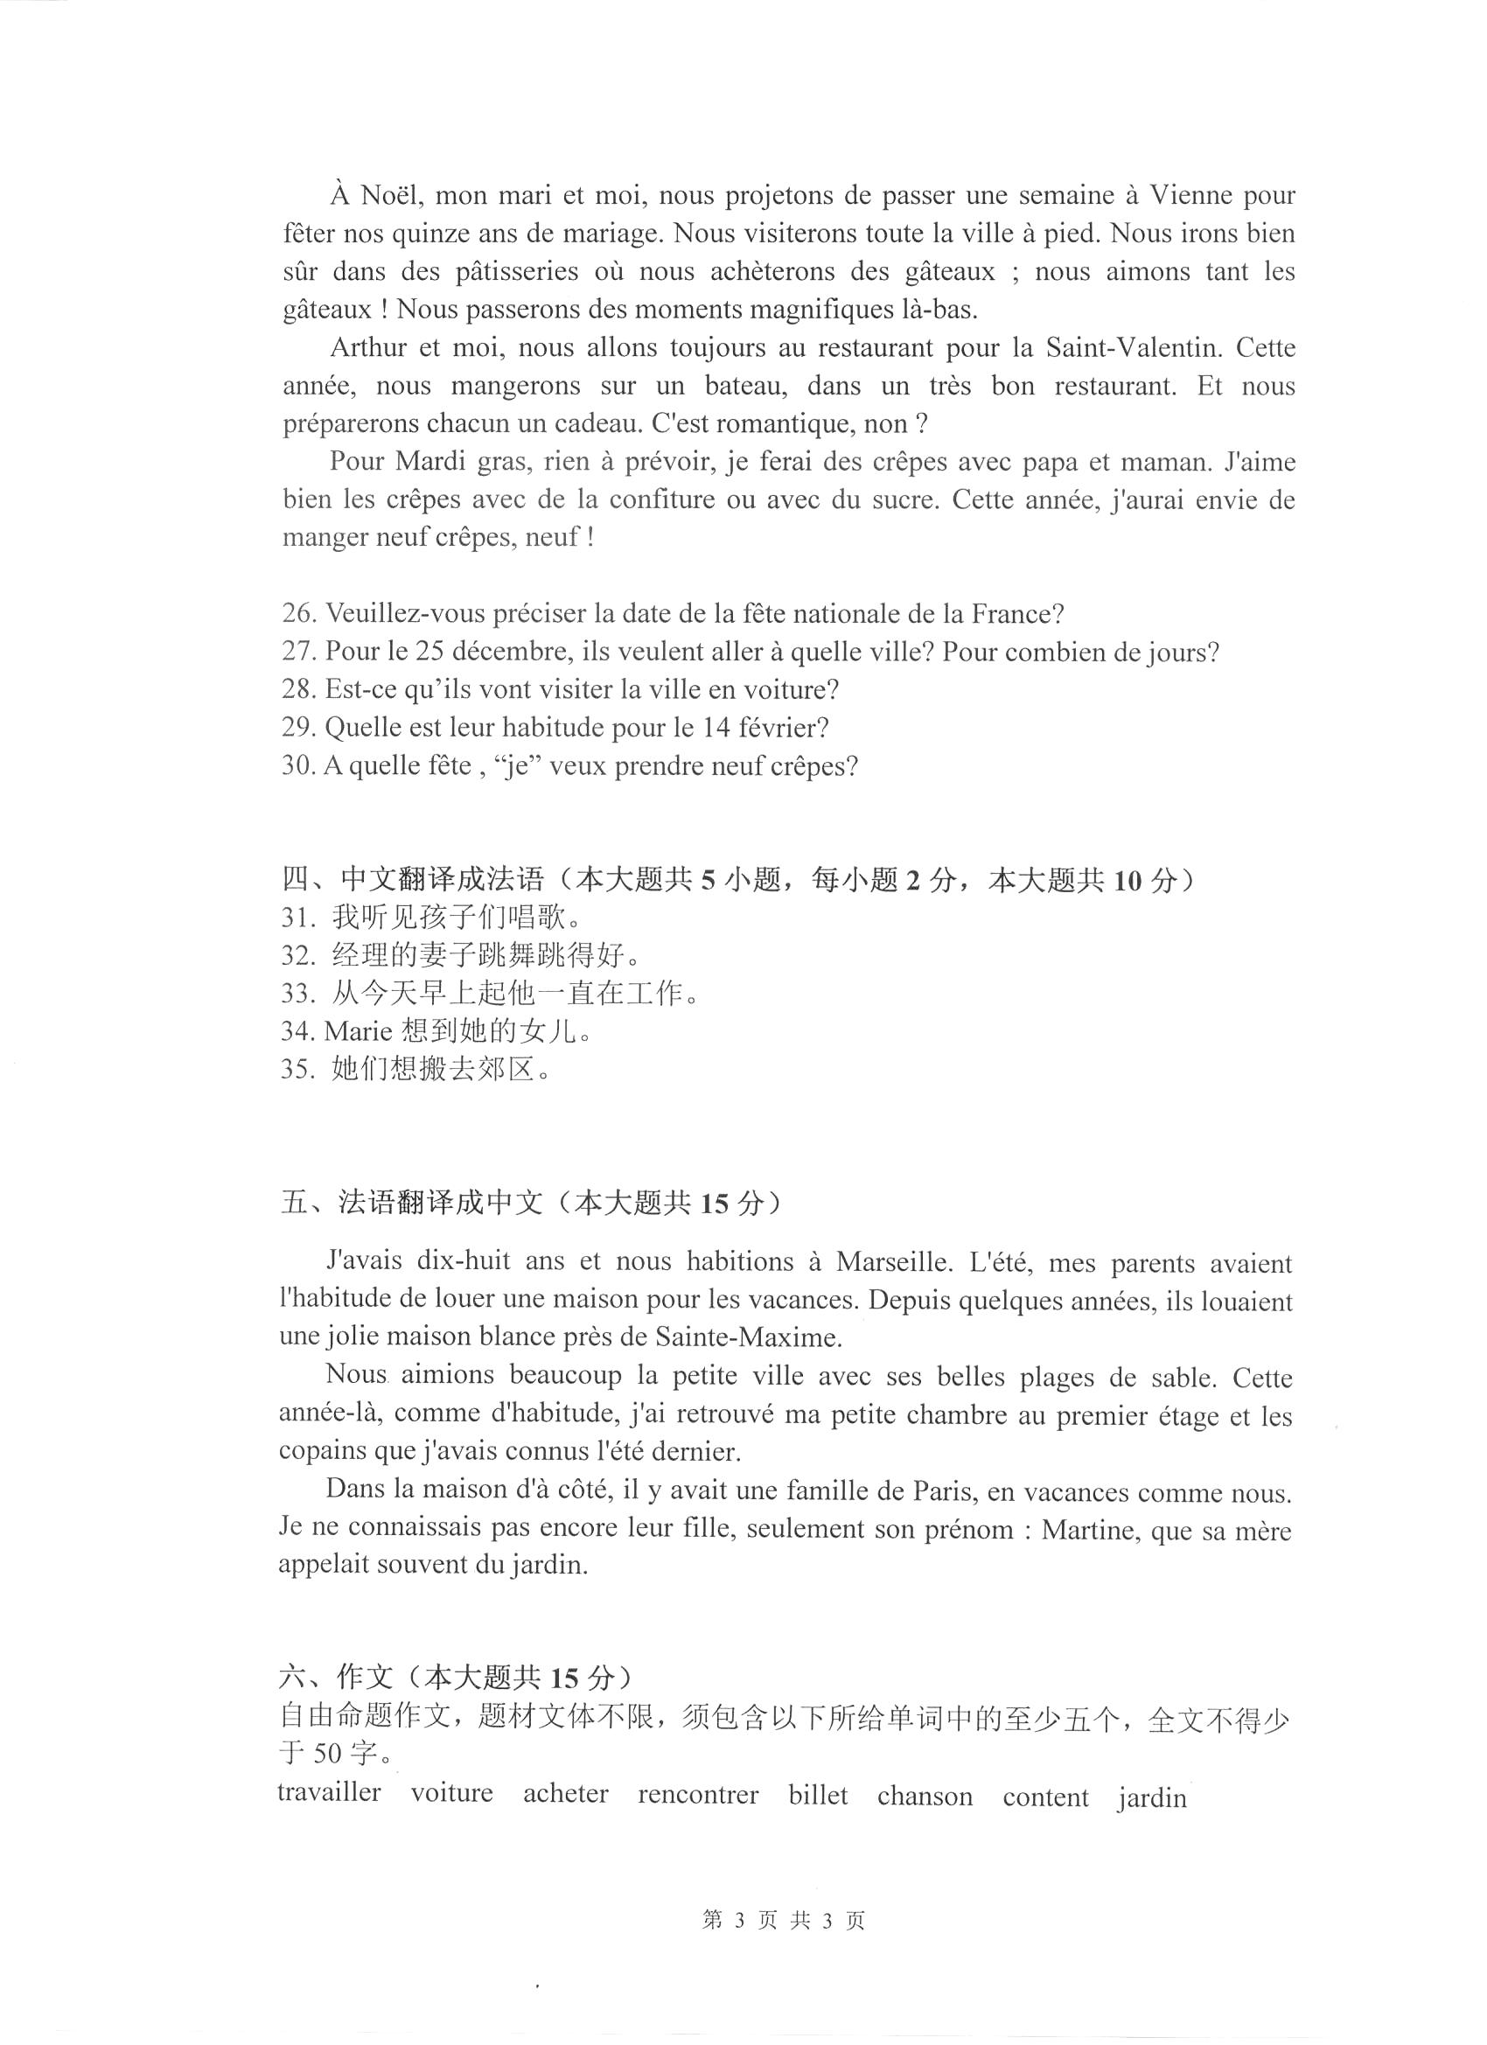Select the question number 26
[297, 614]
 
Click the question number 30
[297, 765]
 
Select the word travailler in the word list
[329, 1790]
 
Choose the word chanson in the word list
[925, 1795]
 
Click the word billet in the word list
[818, 1794]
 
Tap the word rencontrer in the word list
[698, 1793]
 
